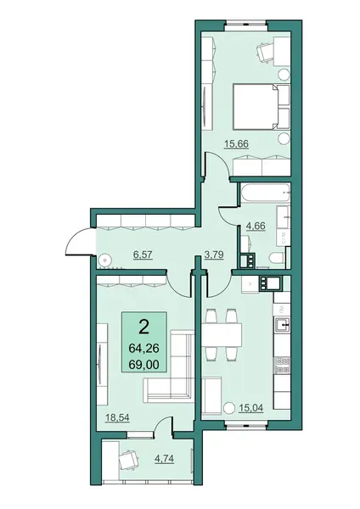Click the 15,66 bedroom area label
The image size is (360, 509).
237,143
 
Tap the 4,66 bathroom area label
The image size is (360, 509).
256,226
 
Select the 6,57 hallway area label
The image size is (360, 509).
143,255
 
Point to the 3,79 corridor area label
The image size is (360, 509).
214,255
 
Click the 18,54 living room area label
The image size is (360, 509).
117,417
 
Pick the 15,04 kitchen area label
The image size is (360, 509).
250,407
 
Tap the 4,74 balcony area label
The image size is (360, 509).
165,459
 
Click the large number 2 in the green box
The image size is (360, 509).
143,327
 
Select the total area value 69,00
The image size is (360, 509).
144,364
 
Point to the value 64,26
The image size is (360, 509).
143,349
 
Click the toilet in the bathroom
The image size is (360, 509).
277,259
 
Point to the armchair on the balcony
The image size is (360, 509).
130,460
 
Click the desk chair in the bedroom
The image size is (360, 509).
265,51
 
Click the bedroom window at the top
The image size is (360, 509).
246,24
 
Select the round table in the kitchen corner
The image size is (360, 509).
229,408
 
